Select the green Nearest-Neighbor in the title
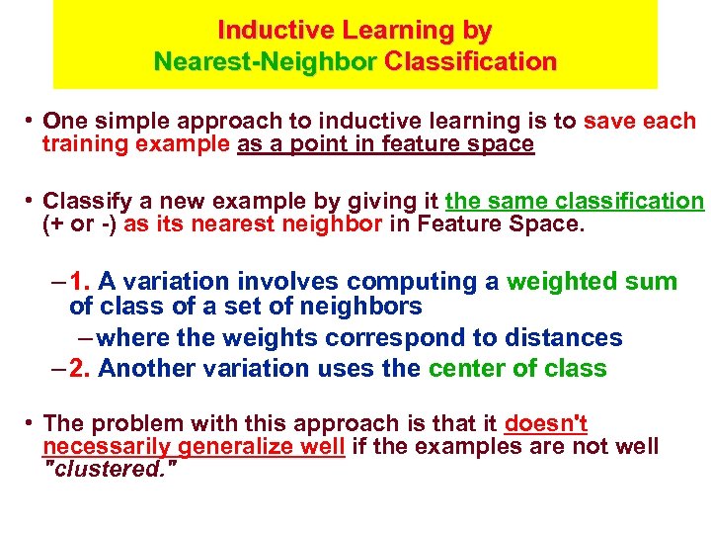(x=265, y=62)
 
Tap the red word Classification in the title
(x=471, y=62)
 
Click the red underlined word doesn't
(x=545, y=424)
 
